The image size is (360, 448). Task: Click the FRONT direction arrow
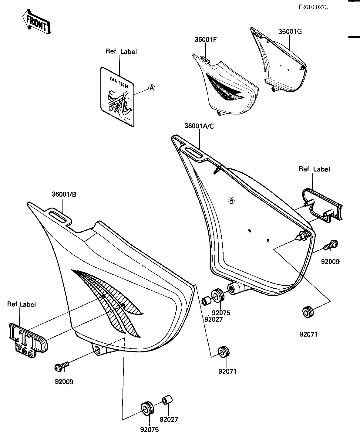coord(37,22)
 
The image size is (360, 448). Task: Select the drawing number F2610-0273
coord(313,7)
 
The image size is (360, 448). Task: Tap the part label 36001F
coord(206,39)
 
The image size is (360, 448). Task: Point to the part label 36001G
coord(290,32)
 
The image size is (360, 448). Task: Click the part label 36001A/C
coord(199,126)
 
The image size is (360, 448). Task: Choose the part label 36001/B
coord(64,195)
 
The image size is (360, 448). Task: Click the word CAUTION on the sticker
coord(119,82)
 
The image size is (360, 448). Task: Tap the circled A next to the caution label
coord(152,88)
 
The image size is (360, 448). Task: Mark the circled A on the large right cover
coord(231,200)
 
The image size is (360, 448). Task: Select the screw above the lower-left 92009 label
coord(61,367)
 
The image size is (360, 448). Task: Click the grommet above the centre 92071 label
coord(224,352)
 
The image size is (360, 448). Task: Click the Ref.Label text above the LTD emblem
coord(22,304)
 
